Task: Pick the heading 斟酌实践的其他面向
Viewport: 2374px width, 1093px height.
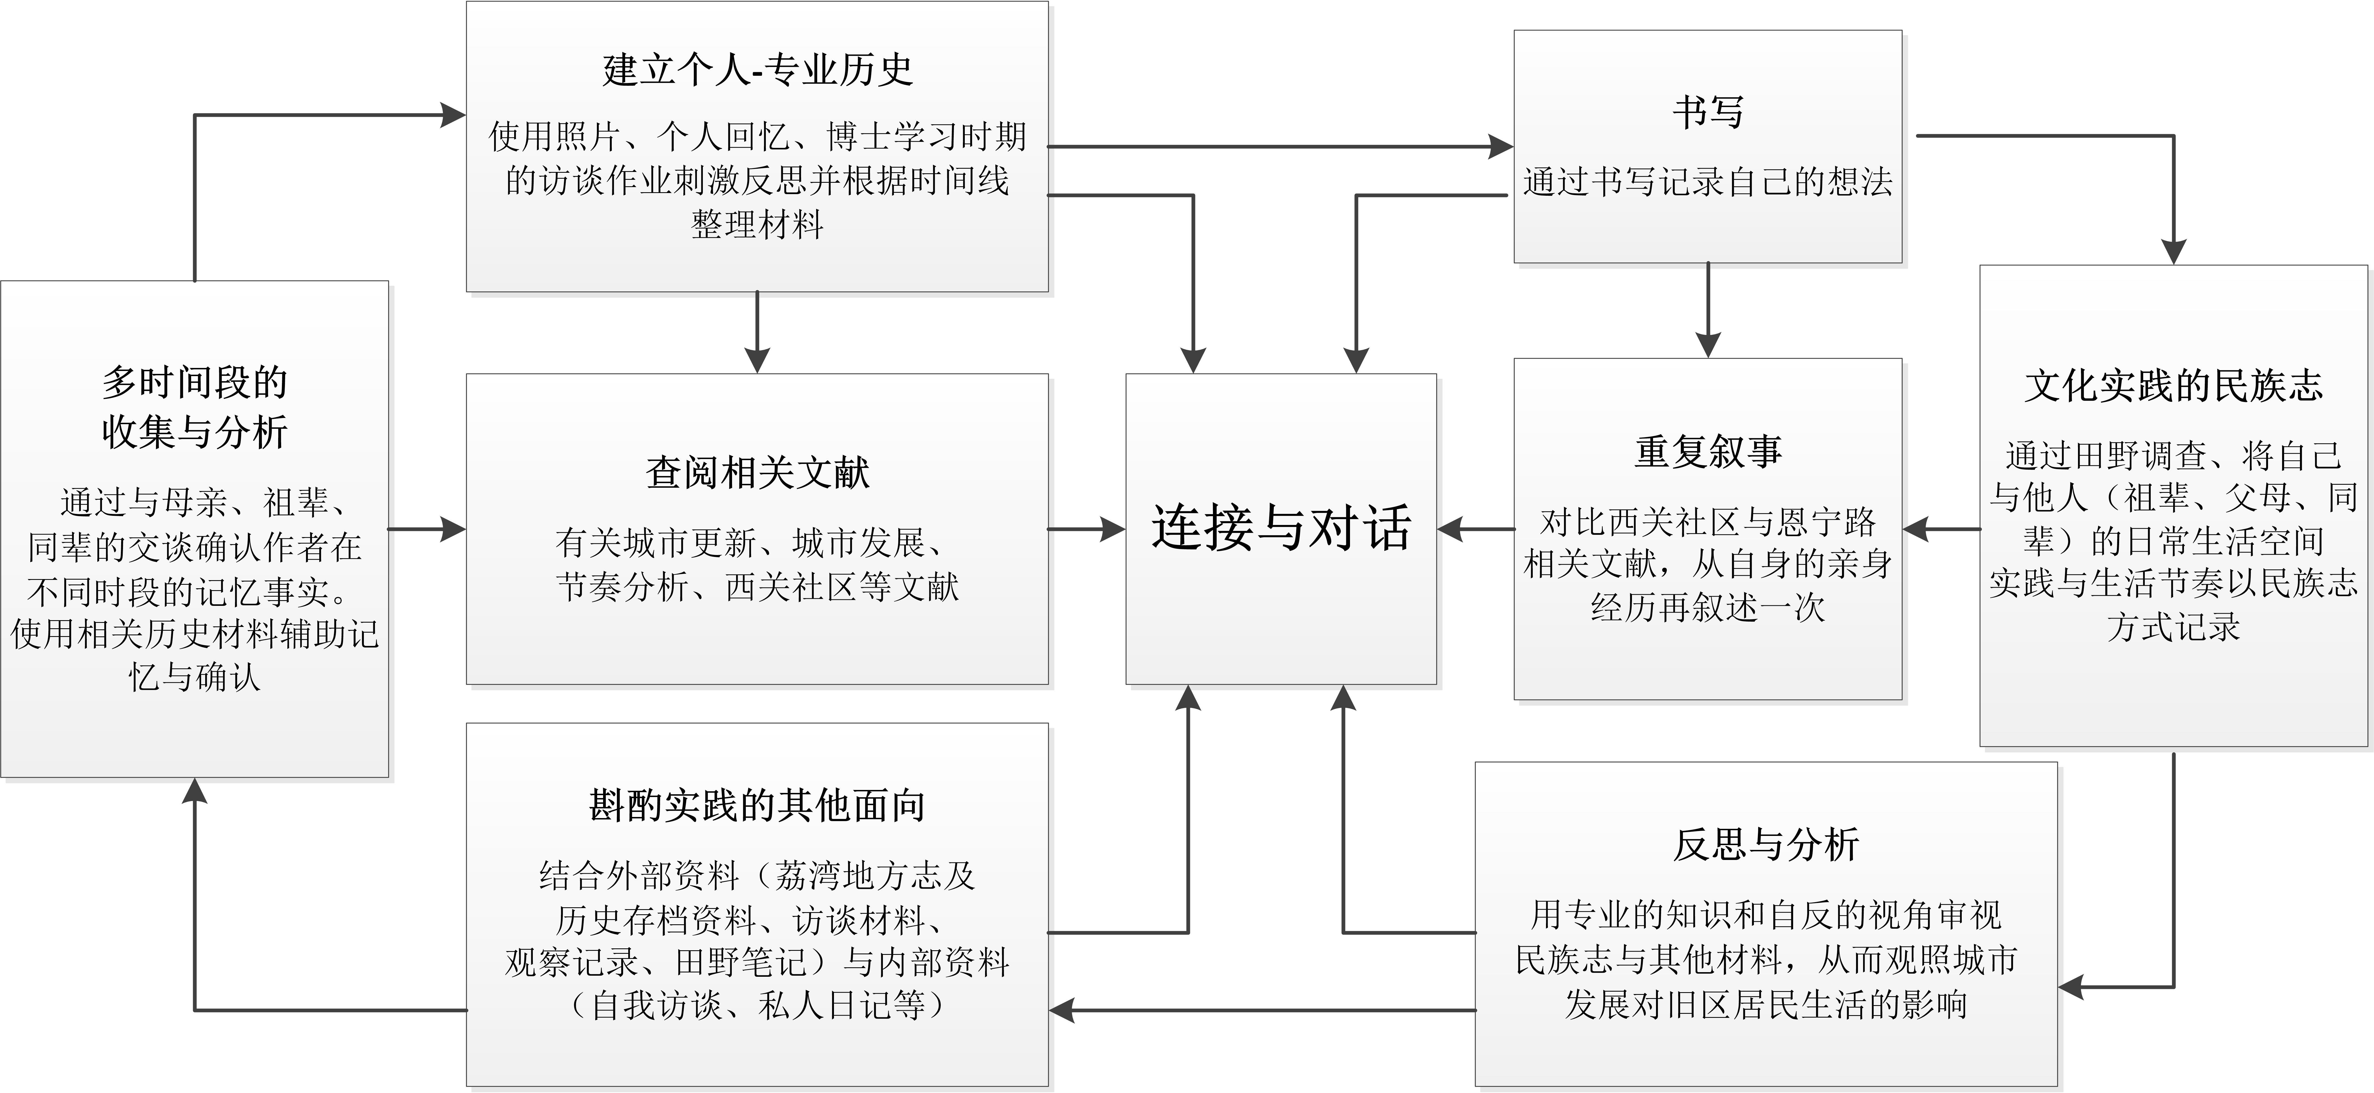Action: point(757,805)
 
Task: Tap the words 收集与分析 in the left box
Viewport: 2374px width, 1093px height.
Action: point(194,431)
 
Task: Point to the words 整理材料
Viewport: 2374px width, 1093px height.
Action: point(757,224)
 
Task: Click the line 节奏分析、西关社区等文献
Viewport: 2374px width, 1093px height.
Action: point(757,586)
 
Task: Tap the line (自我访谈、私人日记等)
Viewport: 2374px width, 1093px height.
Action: point(757,1005)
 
